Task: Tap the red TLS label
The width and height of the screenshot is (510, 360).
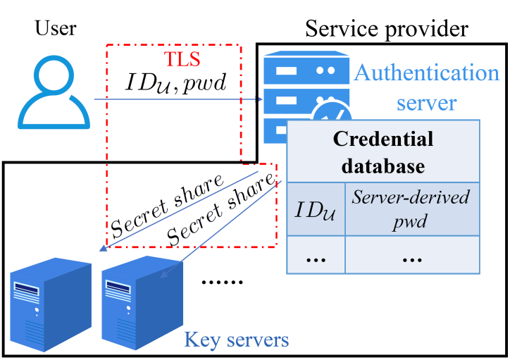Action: pyautogui.click(x=182, y=56)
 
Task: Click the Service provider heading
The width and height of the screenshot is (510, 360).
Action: pyautogui.click(x=386, y=29)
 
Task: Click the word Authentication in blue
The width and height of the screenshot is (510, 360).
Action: pyautogui.click(x=427, y=73)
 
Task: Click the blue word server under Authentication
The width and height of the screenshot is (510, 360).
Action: pyautogui.click(x=426, y=103)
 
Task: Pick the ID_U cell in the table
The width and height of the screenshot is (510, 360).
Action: pyautogui.click(x=316, y=209)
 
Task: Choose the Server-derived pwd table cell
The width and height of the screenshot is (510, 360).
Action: pyautogui.click(x=411, y=209)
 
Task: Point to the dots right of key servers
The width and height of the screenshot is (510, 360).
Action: pyautogui.click(x=221, y=281)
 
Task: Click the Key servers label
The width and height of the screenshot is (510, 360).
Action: pyautogui.click(x=236, y=340)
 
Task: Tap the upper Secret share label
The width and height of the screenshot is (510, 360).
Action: pyautogui.click(x=168, y=205)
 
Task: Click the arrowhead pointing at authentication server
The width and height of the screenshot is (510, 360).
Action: pyautogui.click(x=259, y=100)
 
